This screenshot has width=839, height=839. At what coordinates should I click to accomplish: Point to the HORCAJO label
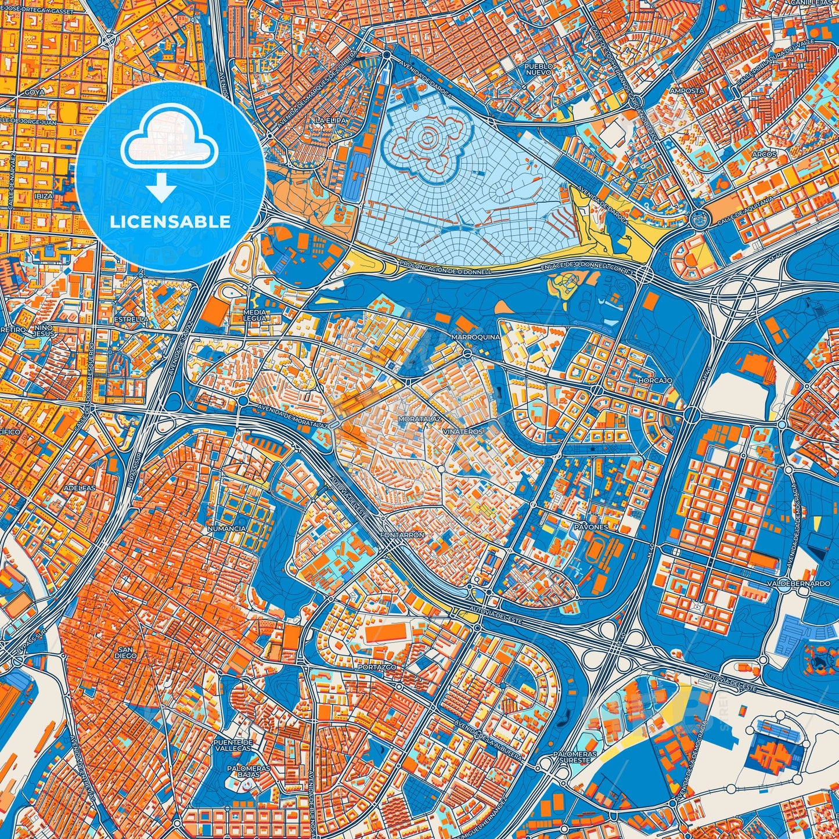coord(655,380)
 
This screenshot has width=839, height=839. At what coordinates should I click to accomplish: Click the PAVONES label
coord(591,527)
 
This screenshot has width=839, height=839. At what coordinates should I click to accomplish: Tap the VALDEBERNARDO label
coord(798,583)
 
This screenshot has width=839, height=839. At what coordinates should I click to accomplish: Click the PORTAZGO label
coord(377,667)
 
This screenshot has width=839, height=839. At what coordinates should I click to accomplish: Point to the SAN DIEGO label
coord(126,652)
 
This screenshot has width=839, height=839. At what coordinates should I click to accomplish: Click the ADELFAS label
coord(80,488)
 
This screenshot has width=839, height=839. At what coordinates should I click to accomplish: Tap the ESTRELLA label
coord(131,319)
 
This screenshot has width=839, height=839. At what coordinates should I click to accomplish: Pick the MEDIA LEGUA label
coord(255,315)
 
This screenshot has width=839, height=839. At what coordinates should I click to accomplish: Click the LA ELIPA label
coord(331,120)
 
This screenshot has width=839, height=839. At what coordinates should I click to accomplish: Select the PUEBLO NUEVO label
coord(539,70)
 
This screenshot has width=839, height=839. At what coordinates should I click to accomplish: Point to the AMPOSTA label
coord(687,91)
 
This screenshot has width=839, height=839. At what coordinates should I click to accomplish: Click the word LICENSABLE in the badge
coord(171,222)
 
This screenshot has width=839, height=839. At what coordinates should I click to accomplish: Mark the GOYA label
coord(35,92)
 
